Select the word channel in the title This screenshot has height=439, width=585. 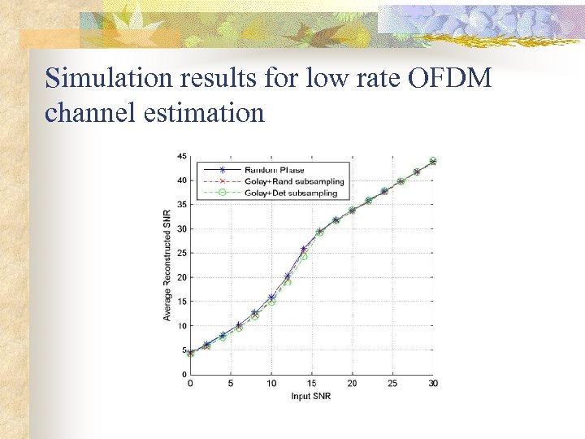click(x=83, y=112)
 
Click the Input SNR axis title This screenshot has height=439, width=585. click(x=311, y=397)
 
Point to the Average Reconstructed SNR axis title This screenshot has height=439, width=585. click(x=167, y=264)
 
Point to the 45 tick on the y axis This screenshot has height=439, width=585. click(x=182, y=156)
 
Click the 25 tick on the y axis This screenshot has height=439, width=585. click(x=182, y=253)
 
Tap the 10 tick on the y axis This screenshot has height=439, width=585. click(x=182, y=326)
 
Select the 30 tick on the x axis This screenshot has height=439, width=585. click(x=433, y=383)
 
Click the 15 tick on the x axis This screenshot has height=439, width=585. click(x=312, y=383)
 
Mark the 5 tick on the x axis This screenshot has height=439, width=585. click(x=231, y=383)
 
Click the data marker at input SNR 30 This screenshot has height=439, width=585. click(x=433, y=161)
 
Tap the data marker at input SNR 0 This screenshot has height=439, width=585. click(x=190, y=353)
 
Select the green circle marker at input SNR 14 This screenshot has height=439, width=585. click(x=304, y=257)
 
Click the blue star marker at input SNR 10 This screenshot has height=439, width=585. click(x=271, y=298)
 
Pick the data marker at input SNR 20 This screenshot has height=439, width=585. click(x=352, y=210)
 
